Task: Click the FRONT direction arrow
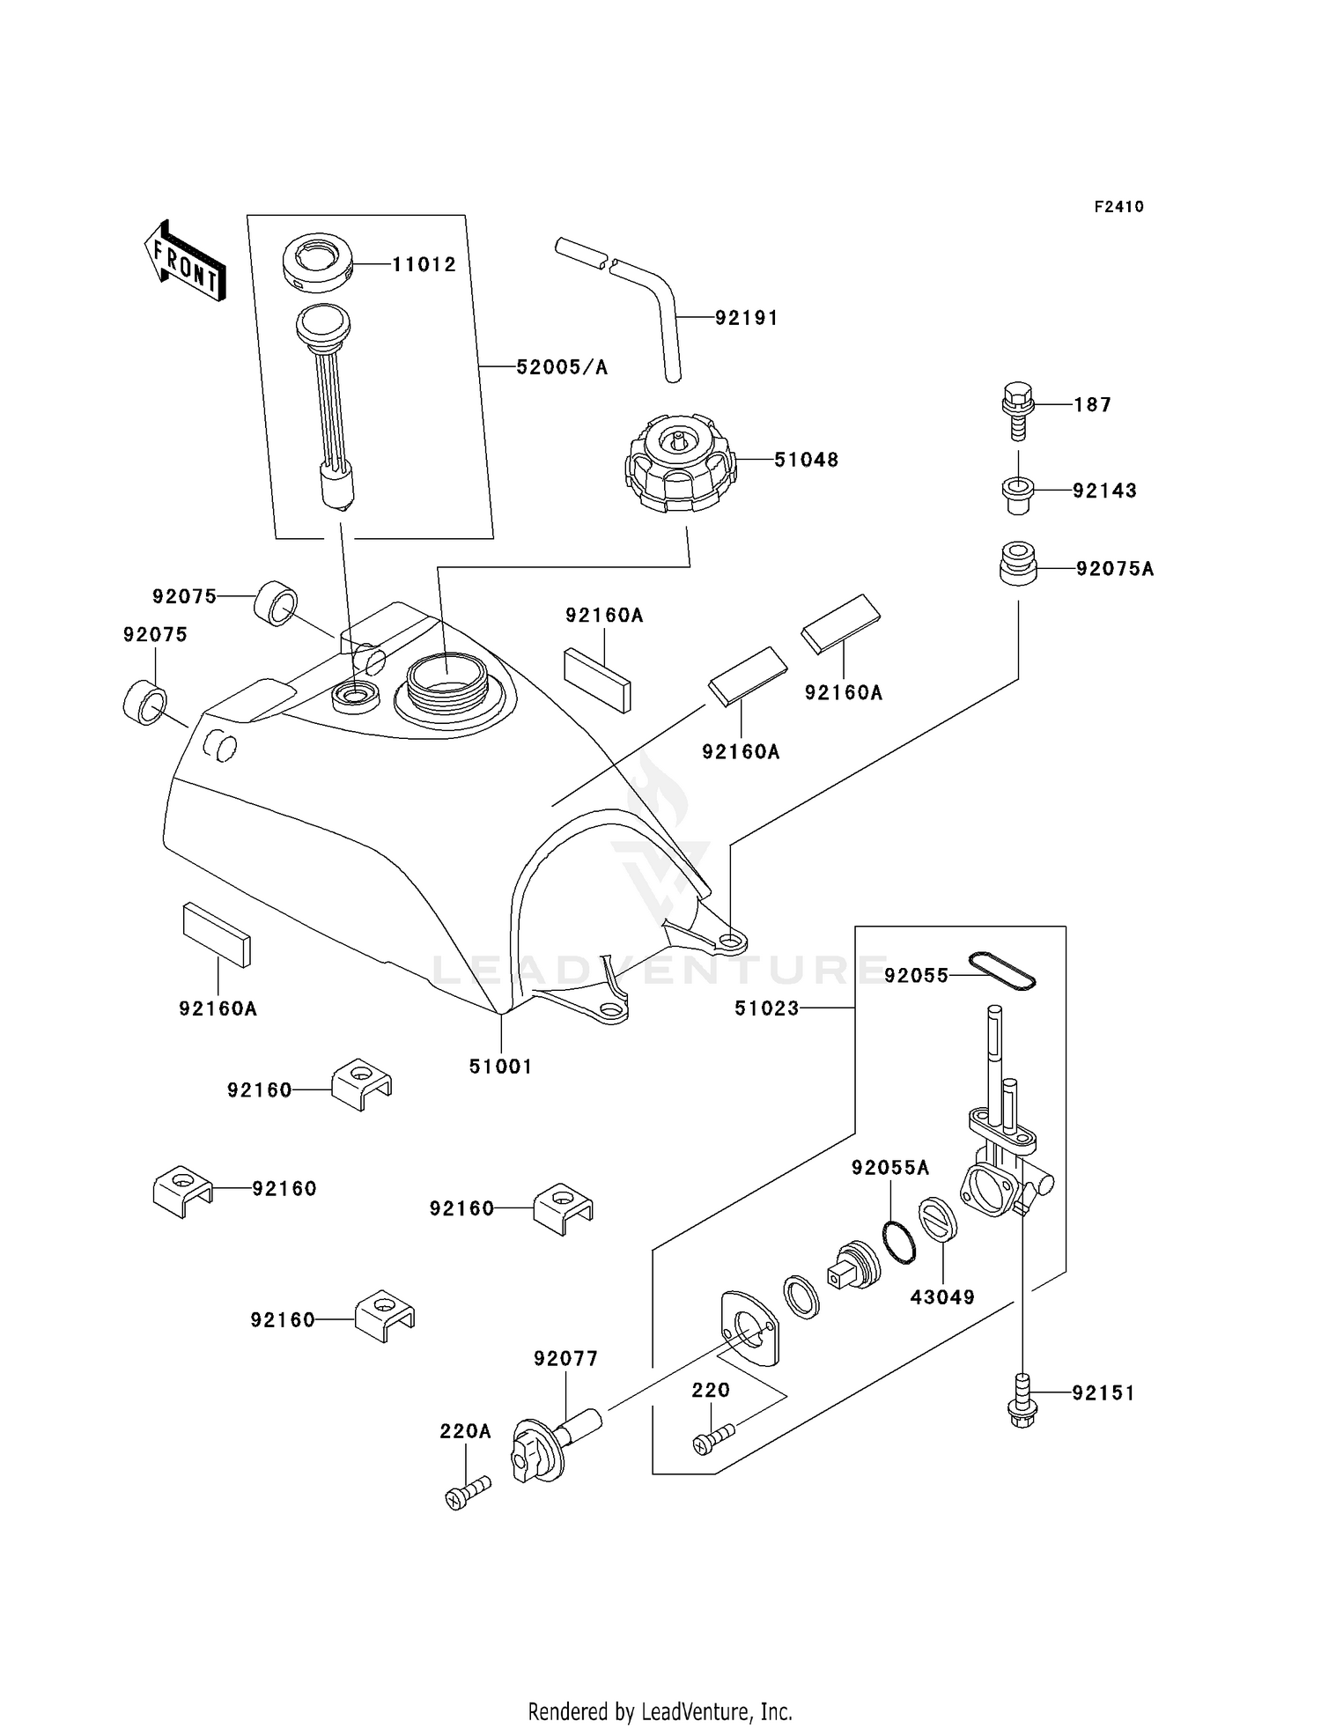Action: point(186,262)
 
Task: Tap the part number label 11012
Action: point(424,264)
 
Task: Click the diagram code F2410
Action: point(1118,207)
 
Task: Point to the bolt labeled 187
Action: point(1017,410)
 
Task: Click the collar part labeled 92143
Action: point(1017,494)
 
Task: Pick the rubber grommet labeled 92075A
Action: point(1017,564)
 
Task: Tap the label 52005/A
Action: point(562,367)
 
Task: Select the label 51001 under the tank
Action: point(500,1067)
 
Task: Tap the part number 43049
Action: point(942,1297)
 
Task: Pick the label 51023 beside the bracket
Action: point(766,1008)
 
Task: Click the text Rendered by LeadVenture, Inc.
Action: point(660,1711)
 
